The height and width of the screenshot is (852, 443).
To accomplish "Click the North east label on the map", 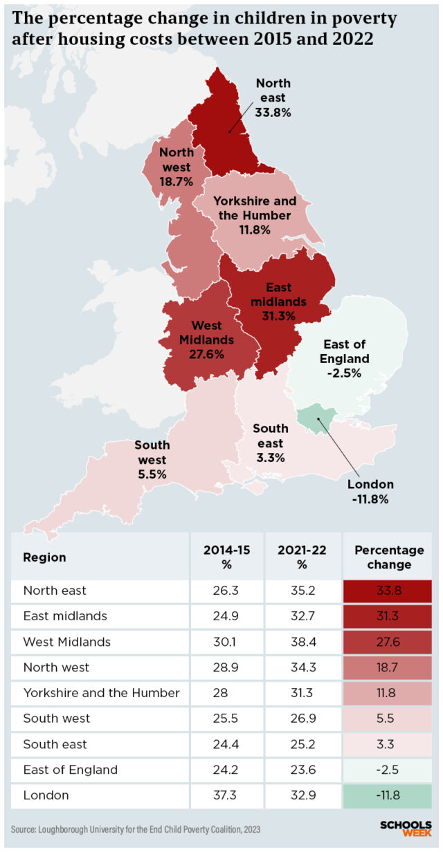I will click(273, 98).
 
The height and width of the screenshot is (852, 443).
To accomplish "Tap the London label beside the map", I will click(370, 491).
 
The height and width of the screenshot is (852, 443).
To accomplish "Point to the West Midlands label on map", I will click(206, 340).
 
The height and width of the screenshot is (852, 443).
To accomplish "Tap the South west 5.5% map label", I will click(152, 459).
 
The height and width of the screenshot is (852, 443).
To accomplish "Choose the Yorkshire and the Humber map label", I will click(254, 215).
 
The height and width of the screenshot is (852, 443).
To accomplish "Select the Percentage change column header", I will click(388, 557).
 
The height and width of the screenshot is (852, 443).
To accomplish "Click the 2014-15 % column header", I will click(226, 557).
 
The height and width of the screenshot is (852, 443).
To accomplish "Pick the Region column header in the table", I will click(44, 557).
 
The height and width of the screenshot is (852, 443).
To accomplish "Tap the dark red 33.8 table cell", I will click(388, 591).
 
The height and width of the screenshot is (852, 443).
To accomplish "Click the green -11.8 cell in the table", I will click(388, 795).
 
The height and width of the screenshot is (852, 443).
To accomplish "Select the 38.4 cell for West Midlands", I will click(302, 642).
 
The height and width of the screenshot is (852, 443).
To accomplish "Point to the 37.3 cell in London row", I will click(226, 795).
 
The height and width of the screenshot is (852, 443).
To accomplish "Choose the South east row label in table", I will click(55, 744).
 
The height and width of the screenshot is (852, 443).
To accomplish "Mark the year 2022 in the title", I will click(350, 40).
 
